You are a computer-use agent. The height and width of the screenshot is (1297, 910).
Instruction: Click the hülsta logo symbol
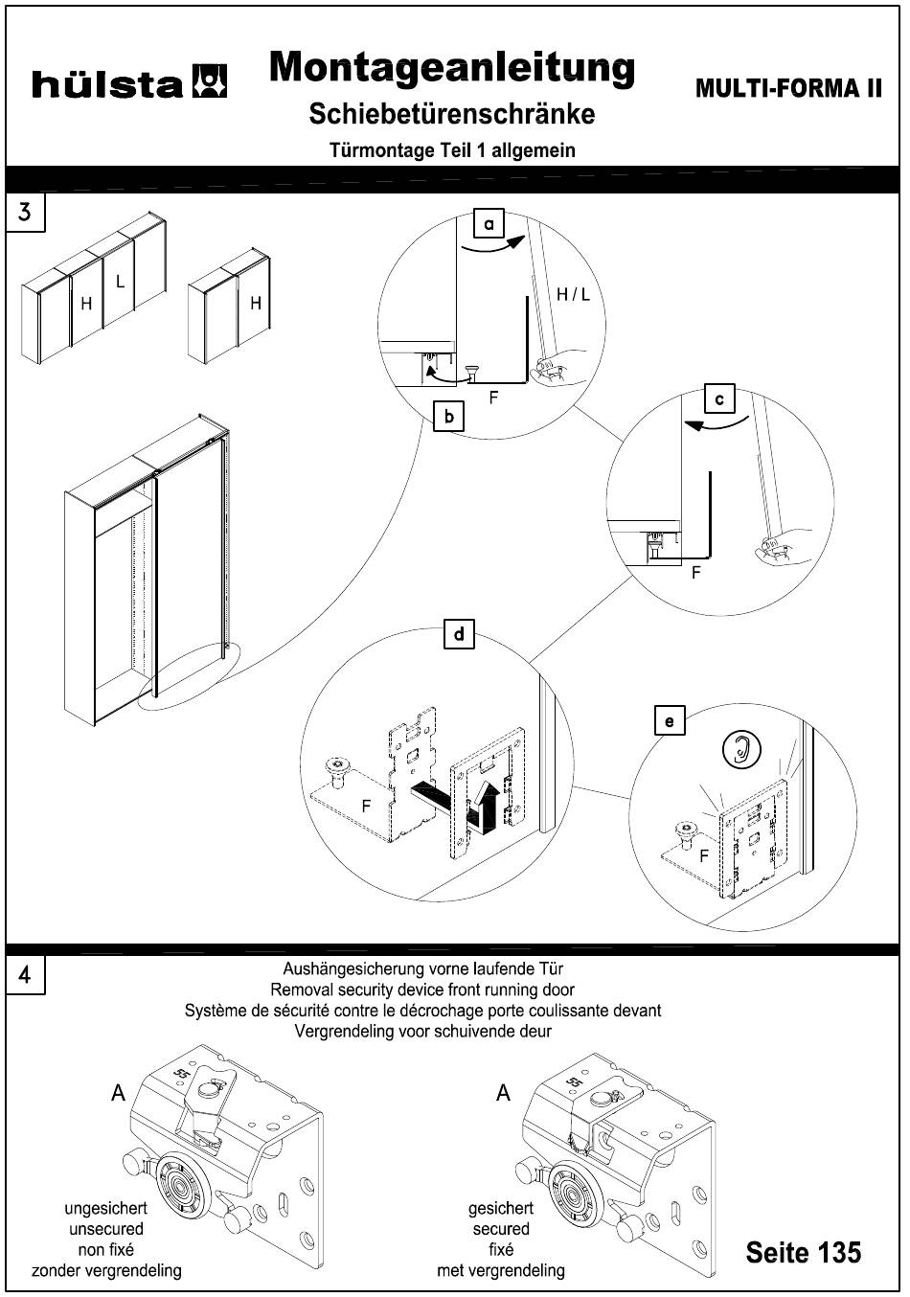pos(210,82)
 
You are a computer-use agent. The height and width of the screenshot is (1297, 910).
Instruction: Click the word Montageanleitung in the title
pos(452,68)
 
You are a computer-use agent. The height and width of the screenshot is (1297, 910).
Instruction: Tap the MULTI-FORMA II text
pos(788,88)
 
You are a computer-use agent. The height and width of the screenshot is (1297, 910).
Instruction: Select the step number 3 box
pos(25,212)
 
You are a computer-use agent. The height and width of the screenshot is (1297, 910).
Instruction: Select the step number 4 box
pos(25,975)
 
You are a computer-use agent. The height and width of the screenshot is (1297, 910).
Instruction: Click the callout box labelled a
pos(489,224)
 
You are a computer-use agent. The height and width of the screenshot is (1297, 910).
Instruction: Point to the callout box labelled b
pos(448,418)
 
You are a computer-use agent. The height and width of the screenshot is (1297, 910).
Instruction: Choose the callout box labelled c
pos(718,398)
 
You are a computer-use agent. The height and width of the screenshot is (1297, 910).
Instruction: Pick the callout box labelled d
pos(460,634)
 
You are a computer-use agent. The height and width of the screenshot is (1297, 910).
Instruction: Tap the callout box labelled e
pos(670,720)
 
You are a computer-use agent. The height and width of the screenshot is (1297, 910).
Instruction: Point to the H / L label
pos(573,294)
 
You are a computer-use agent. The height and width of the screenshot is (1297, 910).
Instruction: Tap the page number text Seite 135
pos(803,1252)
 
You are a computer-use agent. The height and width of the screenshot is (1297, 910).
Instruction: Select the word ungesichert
pos(105,1209)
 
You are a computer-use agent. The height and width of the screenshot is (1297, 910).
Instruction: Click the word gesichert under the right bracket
pos(500,1209)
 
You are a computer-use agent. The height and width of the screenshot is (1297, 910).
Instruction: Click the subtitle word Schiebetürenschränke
pos(452,114)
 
